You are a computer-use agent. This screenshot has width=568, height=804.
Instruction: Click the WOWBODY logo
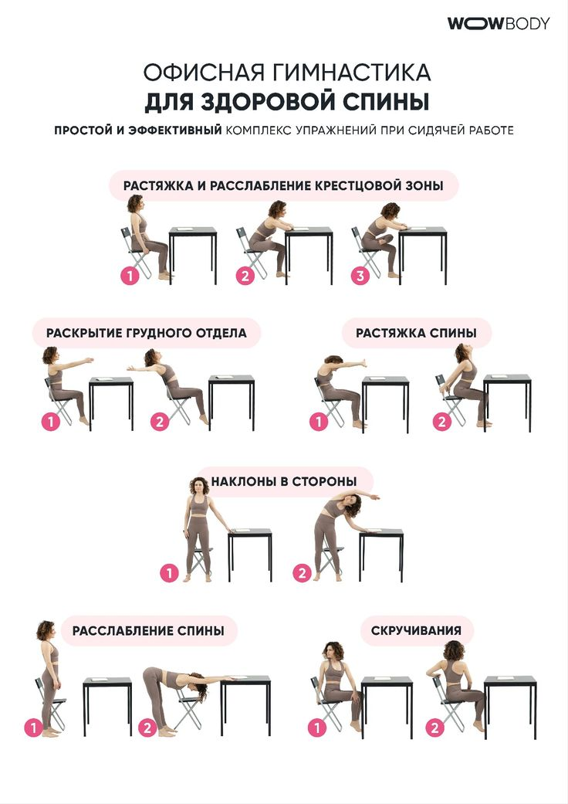(499, 24)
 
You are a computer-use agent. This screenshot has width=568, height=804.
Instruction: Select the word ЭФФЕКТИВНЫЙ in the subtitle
(175, 131)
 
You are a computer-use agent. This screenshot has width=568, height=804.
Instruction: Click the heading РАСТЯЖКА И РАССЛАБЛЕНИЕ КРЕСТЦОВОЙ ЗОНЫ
(283, 185)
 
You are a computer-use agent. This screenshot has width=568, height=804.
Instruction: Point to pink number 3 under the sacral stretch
(360, 276)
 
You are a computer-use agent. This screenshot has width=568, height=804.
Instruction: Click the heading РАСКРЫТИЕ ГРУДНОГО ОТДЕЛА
(147, 334)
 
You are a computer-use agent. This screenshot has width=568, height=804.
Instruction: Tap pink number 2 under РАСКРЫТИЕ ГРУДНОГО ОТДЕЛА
(160, 422)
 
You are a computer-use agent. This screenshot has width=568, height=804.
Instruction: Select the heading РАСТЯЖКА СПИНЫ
(416, 334)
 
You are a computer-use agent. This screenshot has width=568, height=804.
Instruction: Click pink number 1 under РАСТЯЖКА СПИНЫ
(319, 422)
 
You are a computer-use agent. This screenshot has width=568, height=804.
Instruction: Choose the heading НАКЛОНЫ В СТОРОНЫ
(284, 481)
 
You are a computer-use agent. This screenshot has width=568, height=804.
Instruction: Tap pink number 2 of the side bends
(302, 572)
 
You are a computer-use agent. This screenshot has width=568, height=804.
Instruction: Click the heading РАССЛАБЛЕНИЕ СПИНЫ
(148, 631)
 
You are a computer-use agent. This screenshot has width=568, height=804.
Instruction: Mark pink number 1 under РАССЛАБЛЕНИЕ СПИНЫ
(33, 727)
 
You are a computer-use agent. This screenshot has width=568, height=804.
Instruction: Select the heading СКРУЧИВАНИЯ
(416, 631)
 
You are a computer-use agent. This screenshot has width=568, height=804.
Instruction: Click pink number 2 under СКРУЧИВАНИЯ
(434, 727)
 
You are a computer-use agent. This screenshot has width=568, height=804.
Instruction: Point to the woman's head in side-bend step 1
(199, 486)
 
